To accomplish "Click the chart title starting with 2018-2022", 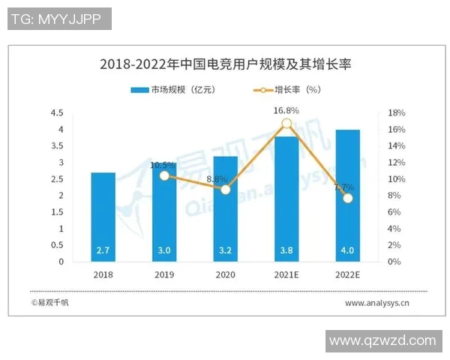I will pyautogui.click(x=225, y=64).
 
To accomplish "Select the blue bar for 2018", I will pyautogui.click(x=103, y=217).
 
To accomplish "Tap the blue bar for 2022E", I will pyautogui.click(x=347, y=196).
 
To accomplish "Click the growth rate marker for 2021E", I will pyautogui.click(x=286, y=124).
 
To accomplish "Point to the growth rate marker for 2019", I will pyautogui.click(x=165, y=175).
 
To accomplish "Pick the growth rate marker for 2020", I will pyautogui.click(x=226, y=189).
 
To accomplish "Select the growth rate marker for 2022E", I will pyautogui.click(x=347, y=198).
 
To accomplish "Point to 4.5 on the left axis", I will pyautogui.click(x=57, y=113).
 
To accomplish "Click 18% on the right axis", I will pyautogui.click(x=397, y=113).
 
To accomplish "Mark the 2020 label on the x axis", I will pyautogui.click(x=226, y=275).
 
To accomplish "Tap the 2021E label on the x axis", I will pyautogui.click(x=286, y=275).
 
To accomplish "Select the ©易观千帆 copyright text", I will pyautogui.click(x=50, y=303).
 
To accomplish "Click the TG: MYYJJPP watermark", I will pyautogui.click(x=59, y=19).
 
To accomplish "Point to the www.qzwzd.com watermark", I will pyautogui.click(x=382, y=340).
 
